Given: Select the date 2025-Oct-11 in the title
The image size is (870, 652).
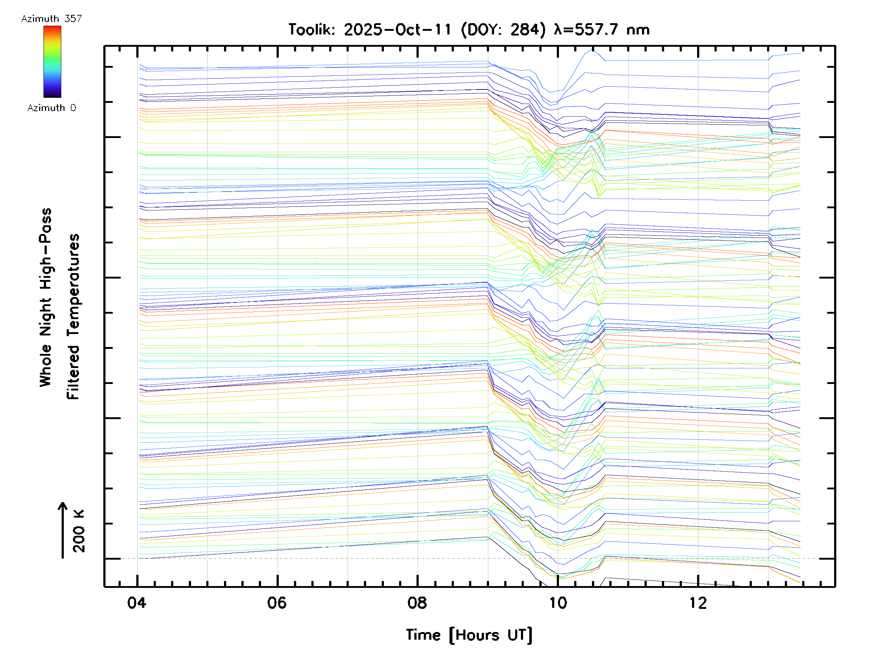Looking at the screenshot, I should tap(397, 29).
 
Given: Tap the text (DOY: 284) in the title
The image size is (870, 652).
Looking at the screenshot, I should tap(504, 29).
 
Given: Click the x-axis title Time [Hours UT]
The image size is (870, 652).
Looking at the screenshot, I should tap(469, 635).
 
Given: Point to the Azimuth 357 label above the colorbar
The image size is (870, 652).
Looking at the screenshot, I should tap(51, 18).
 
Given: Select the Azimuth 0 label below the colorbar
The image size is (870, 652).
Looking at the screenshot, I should tap(51, 108).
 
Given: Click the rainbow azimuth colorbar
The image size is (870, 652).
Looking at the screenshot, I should tap(52, 62).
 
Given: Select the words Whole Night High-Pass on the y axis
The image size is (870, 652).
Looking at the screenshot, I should tap(46, 297).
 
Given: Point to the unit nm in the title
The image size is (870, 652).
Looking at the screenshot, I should tap(638, 29).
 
